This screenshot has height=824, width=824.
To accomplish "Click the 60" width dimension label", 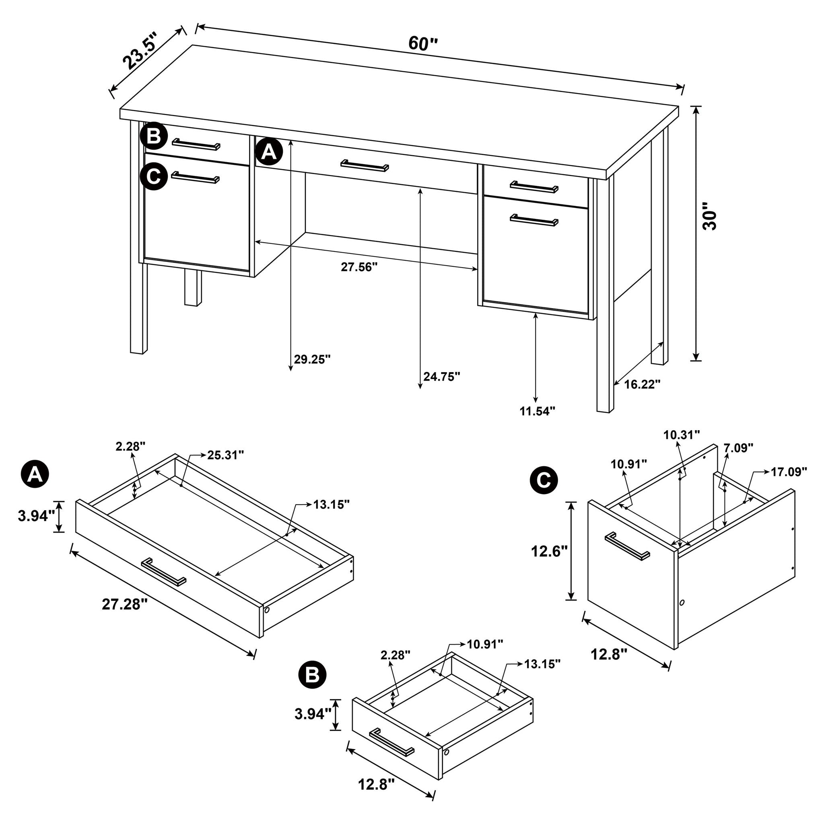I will pos(423,43).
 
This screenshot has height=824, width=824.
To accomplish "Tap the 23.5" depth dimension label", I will pos(140,50).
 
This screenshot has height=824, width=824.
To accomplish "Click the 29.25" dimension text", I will pos(312,359).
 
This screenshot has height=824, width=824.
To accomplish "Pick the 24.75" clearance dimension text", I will pos(441,376).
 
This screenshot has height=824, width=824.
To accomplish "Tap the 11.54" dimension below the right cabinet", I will pos(537,411).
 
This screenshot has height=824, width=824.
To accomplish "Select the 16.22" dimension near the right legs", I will pos(642,384).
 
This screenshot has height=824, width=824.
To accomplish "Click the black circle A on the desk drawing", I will pos(269,151).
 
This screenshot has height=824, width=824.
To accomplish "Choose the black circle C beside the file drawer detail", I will pos(543,480).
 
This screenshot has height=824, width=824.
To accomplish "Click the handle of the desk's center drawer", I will pos(365,166).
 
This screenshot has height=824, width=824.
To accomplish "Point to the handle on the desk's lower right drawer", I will pos(534,220).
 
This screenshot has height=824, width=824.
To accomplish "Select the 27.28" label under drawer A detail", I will pos(125,604).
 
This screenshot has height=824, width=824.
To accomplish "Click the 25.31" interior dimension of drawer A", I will pos(226,455).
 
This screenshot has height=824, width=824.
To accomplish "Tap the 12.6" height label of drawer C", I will pos(549,552).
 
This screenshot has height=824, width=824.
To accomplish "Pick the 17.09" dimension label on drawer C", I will pos(789,472).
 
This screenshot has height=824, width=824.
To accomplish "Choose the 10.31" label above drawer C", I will pos(682,435).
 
